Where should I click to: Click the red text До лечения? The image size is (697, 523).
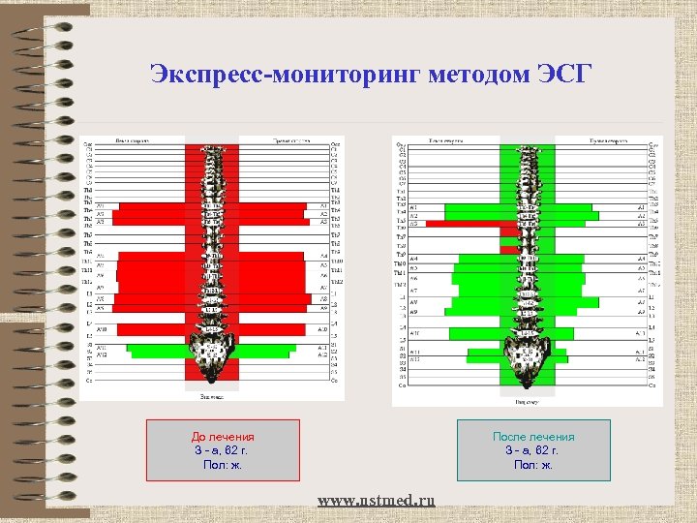click(x=223, y=438)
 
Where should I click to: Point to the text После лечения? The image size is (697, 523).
click(x=533, y=438)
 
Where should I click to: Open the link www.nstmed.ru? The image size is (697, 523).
click(x=377, y=500)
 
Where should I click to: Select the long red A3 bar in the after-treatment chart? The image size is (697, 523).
click(x=463, y=224)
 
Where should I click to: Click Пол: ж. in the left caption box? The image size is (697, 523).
click(x=223, y=465)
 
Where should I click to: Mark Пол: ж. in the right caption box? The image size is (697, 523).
click(x=533, y=465)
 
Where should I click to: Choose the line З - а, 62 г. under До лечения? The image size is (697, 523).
click(x=223, y=451)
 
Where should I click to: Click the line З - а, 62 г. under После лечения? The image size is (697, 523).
click(x=533, y=451)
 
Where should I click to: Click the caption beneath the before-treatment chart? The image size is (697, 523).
click(x=211, y=395)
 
